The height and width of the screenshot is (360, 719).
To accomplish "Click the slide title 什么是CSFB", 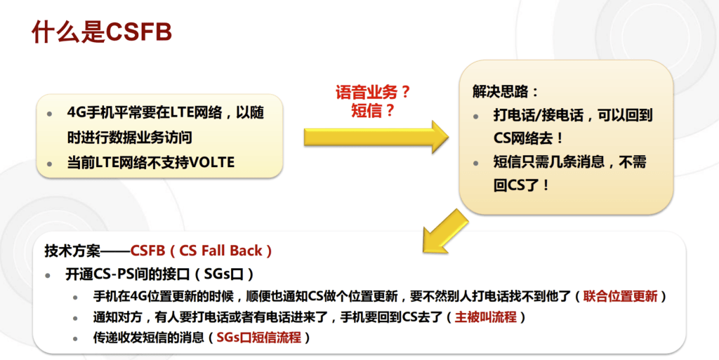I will pos(103,33).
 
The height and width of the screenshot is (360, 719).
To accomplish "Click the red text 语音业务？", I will pos(373,93).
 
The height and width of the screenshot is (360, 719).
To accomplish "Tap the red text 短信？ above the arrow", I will pos(373,111).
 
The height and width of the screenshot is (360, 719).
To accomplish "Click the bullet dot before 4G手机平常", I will pos(49,113).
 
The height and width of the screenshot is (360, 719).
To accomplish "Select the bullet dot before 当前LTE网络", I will pos(49,164).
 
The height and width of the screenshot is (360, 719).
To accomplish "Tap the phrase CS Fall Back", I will pos(221,251).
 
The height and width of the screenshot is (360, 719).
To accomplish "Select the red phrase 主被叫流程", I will pos(486,317).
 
